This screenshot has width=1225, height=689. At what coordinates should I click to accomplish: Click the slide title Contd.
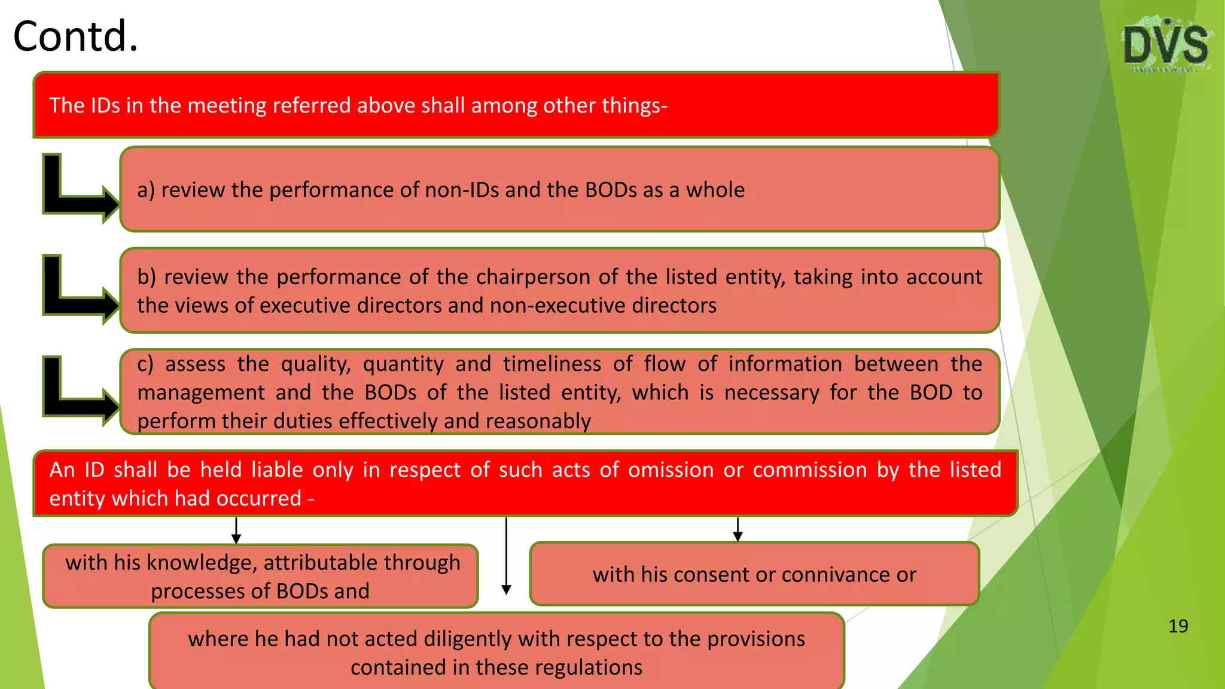(75, 36)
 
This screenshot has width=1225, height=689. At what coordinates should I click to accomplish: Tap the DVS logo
(1165, 45)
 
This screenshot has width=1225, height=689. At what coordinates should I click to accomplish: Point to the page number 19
(1178, 626)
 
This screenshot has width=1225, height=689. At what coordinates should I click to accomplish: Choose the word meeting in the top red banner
(226, 106)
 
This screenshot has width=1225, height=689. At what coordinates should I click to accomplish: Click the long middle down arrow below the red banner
(506, 556)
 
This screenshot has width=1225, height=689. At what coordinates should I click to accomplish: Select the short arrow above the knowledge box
(236, 531)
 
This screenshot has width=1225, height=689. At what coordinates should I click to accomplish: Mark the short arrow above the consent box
(738, 529)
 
